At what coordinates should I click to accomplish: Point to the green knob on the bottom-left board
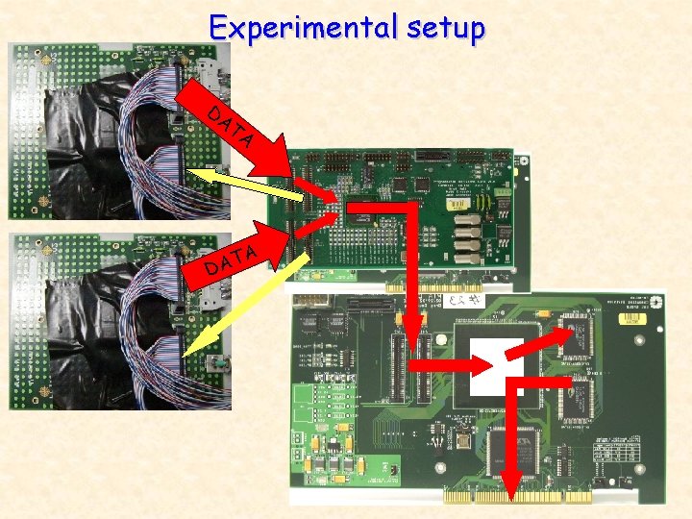pyautogui.click(x=218, y=366)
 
